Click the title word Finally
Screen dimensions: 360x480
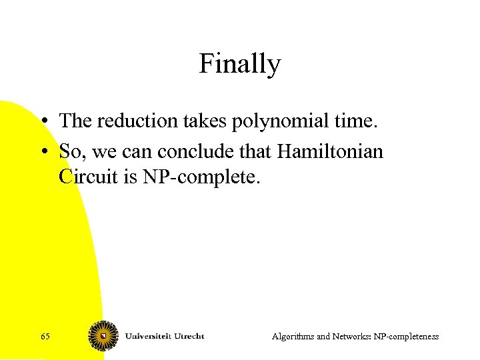(x=239, y=65)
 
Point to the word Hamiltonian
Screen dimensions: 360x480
(x=330, y=152)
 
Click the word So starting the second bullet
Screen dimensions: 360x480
(x=69, y=152)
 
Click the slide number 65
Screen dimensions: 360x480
(x=45, y=337)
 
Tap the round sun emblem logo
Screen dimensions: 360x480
(x=103, y=335)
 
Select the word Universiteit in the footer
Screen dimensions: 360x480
(x=149, y=335)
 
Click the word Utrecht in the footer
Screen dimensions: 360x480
(x=190, y=335)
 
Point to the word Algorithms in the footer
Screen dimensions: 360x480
(x=293, y=337)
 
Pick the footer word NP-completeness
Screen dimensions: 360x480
(x=408, y=337)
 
